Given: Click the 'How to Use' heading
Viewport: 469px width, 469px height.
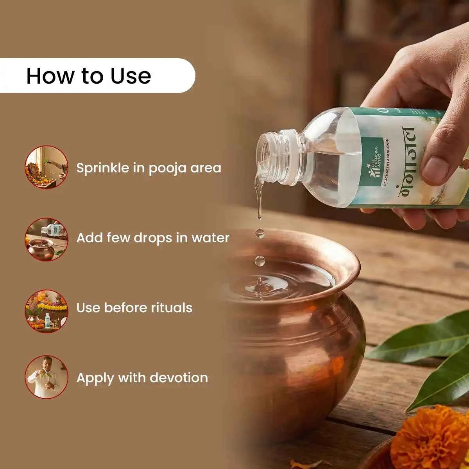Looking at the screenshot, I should coord(89,76).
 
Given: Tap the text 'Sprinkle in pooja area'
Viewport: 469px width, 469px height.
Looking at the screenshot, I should coord(149,168).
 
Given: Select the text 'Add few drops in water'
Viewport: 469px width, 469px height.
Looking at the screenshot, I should coord(153,238).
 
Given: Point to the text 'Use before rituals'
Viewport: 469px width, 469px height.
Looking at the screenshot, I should coord(134,308).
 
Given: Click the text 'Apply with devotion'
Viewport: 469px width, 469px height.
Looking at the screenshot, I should coord(142,378).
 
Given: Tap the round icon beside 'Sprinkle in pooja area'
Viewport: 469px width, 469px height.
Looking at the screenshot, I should coord(47,167).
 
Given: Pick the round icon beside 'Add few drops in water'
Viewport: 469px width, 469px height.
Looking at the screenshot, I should coord(47,239).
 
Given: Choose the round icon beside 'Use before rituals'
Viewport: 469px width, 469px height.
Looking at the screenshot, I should coord(47,311).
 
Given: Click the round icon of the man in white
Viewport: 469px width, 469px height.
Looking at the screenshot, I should coord(47,377).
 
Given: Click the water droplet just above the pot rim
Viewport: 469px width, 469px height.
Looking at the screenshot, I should coord(260,261).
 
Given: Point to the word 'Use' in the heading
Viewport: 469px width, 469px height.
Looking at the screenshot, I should coord(131,76).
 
